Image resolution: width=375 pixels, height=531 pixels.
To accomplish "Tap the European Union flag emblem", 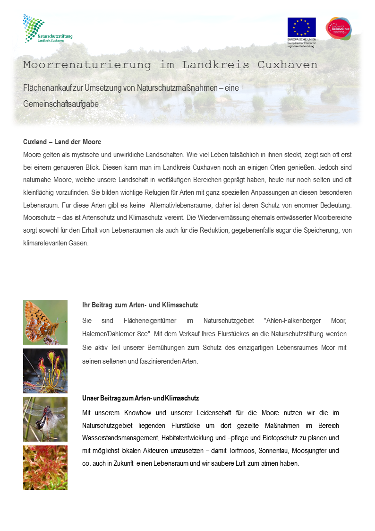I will point(301,27).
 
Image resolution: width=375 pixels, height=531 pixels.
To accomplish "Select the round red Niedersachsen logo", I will point(338,28).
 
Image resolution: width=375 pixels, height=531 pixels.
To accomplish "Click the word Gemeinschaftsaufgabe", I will point(61,104).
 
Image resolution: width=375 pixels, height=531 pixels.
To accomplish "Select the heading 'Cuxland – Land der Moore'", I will point(62,142).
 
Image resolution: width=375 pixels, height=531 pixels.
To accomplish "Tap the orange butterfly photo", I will point(45,322).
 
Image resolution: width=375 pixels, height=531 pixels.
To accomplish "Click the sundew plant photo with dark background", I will point(45,371).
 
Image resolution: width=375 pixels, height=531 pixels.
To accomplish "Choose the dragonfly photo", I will point(45,419).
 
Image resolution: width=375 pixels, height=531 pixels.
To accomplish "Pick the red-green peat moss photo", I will point(45,467).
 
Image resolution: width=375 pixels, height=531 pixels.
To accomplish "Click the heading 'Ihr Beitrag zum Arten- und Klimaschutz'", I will point(140,305).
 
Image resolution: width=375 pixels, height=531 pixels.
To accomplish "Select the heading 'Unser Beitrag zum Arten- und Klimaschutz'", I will point(140,398).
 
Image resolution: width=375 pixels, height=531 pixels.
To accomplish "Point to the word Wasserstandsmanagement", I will point(119,438).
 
